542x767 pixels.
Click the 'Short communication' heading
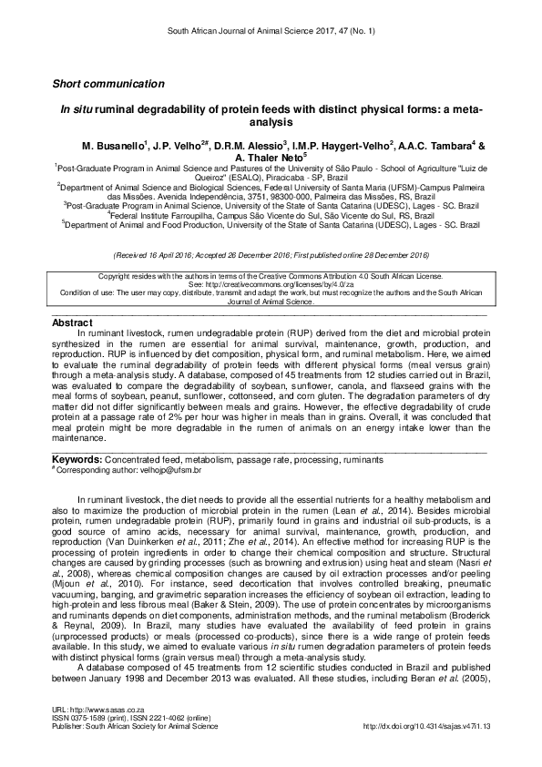108,84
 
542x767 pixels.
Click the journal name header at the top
270,31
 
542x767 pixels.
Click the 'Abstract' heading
72,323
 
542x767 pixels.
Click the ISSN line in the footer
131,718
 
